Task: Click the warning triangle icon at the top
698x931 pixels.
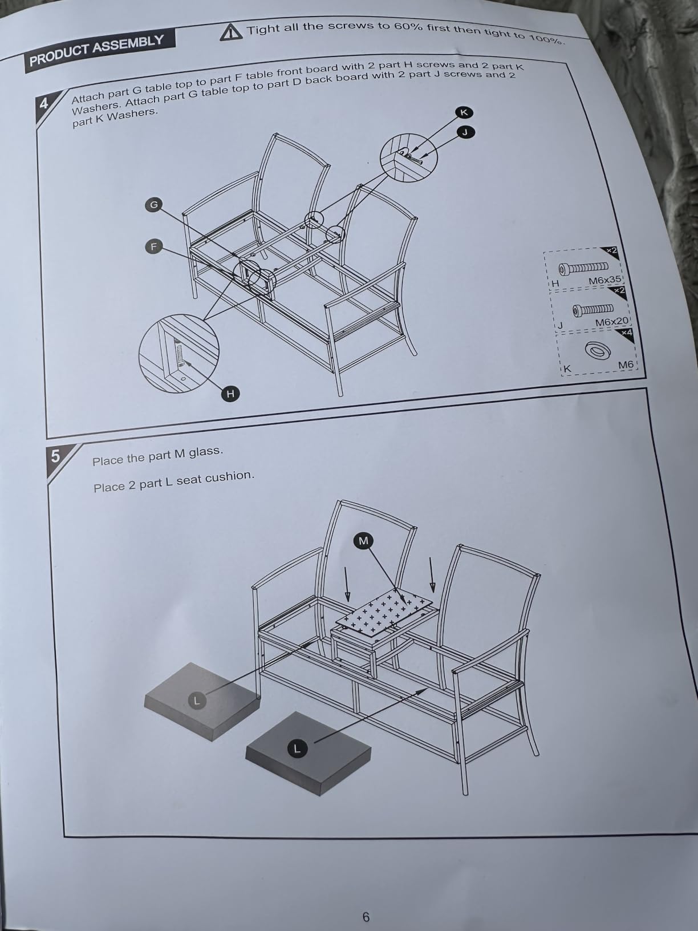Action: pos(231,33)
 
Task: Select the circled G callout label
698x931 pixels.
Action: pos(154,205)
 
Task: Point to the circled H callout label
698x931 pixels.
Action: pos(230,394)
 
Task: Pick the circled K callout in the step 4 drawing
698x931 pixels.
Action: pos(464,112)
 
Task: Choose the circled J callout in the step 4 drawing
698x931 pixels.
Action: pos(466,133)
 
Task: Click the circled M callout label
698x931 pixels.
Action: pos(364,541)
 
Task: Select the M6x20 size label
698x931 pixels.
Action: pos(611,322)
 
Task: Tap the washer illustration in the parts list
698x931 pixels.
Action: pos(598,351)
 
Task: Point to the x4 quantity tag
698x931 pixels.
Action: pos(626,333)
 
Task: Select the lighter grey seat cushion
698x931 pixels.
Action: pos(202,701)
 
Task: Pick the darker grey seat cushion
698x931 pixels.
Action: pos(309,754)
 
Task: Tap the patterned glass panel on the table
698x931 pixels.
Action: pos(384,613)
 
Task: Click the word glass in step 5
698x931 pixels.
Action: pos(205,452)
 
